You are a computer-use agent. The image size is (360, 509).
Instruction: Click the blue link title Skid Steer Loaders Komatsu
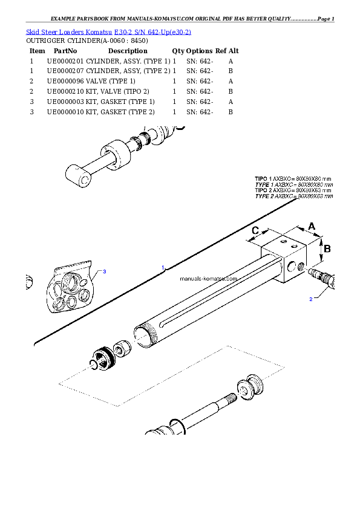point(109,31)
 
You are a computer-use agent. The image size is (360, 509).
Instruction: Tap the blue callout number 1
point(163,267)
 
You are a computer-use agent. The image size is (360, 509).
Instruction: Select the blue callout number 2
point(311,299)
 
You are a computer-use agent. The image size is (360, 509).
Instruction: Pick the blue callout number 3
point(104,271)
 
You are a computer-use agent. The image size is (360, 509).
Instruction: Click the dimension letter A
point(312,225)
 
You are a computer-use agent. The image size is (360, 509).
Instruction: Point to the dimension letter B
point(327,248)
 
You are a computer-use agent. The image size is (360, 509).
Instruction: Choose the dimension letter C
point(256,230)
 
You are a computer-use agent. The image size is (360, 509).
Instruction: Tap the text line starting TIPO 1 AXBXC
point(293,179)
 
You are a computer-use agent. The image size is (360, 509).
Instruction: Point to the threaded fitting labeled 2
point(320,277)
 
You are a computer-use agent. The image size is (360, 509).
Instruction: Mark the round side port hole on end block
point(291,267)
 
